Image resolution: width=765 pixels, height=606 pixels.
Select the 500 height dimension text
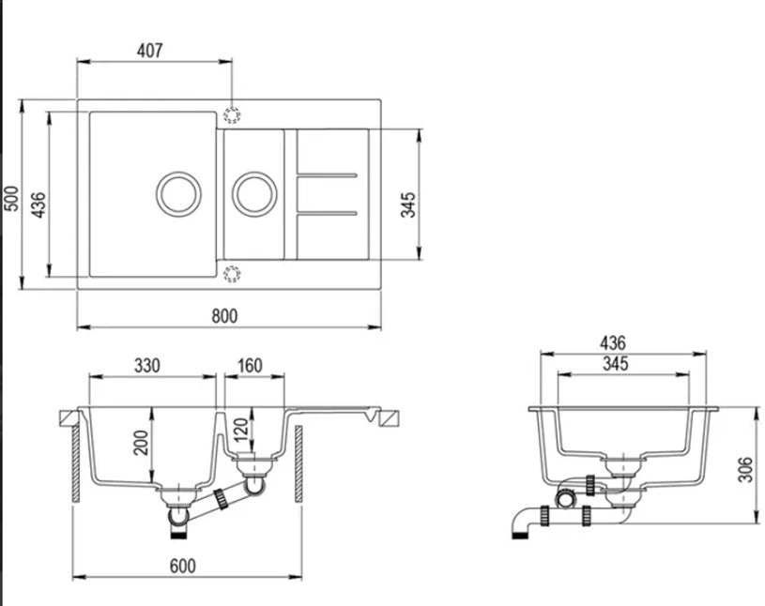click(12, 197)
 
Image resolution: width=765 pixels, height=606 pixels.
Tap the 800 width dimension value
click(225, 315)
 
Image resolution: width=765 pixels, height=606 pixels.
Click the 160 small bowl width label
click(251, 365)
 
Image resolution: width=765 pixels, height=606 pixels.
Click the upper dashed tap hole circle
click(232, 114)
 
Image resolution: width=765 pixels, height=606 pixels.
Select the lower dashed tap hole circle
click(232, 274)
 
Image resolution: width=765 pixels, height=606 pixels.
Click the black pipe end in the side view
click(520, 535)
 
